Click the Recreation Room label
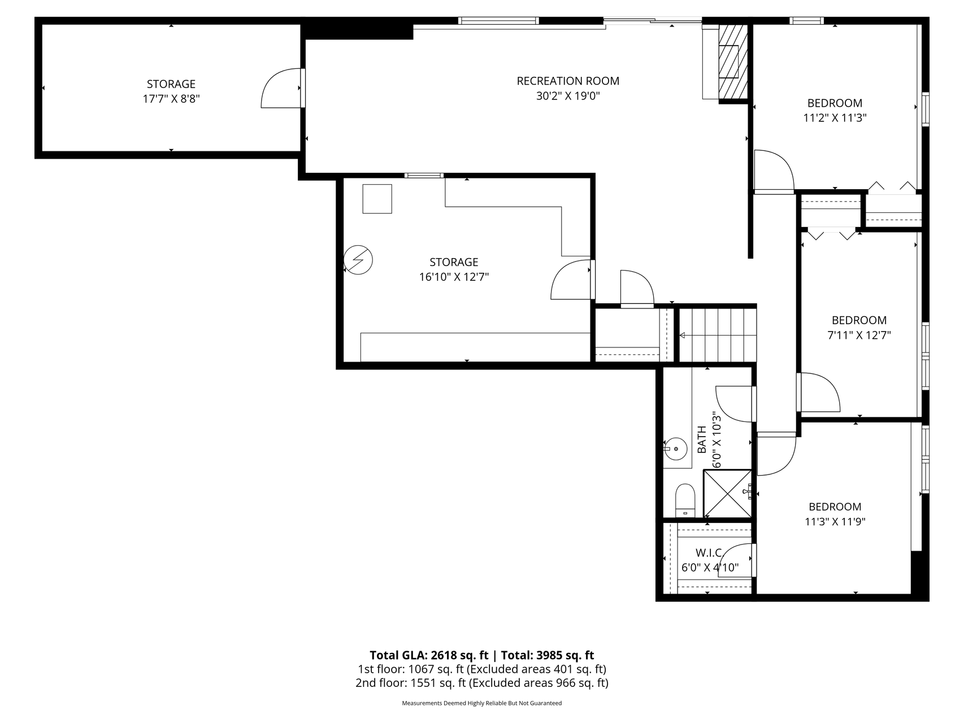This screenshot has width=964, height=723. (x=568, y=81)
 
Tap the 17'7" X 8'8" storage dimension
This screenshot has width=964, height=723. (x=171, y=99)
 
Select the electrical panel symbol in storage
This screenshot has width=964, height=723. (x=358, y=260)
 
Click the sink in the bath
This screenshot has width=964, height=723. (x=676, y=450)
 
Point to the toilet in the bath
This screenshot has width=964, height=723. (x=685, y=500)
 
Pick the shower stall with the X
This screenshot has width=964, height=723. (x=727, y=494)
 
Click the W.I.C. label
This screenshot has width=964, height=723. (x=709, y=552)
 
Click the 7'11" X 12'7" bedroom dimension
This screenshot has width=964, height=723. (x=859, y=335)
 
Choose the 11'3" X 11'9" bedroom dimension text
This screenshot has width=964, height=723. (x=835, y=522)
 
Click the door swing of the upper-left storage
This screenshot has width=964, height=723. (x=281, y=88)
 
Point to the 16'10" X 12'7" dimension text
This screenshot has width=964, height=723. (x=454, y=277)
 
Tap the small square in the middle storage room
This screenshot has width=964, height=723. (x=377, y=199)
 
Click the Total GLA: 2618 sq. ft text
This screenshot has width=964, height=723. (x=429, y=655)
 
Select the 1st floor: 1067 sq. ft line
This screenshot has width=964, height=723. (x=481, y=669)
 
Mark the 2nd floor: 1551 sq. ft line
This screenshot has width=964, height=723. (x=481, y=683)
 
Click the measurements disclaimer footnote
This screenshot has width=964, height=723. (x=481, y=703)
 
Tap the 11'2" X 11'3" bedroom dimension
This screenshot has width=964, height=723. (x=835, y=118)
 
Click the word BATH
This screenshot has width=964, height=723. (x=702, y=440)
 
